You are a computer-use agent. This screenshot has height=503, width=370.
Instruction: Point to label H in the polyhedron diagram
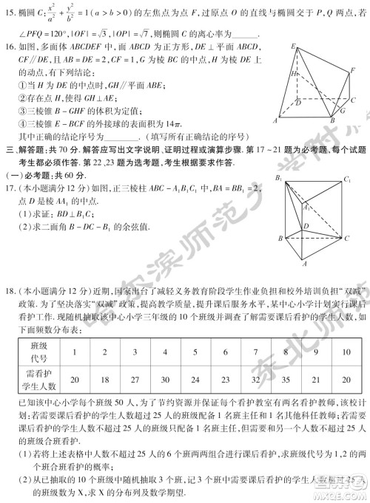pyautogui.click(x=295, y=75)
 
